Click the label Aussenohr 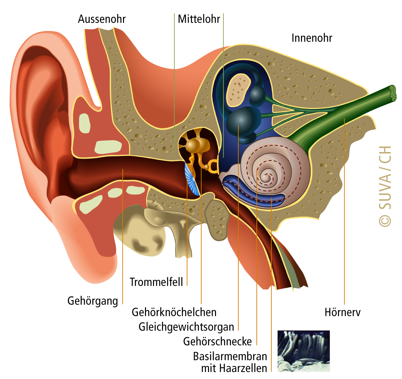(x=102, y=19)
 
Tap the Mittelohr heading (x=199, y=19)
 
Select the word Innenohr (x=312, y=38)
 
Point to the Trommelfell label (x=156, y=282)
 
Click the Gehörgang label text (x=93, y=301)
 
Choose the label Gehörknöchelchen (x=174, y=312)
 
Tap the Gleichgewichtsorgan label (x=186, y=327)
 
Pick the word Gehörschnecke (x=217, y=341)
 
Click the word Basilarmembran (x=230, y=356)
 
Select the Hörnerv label (x=342, y=312)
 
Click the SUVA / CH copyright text (x=385, y=187)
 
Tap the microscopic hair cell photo (x=304, y=351)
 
